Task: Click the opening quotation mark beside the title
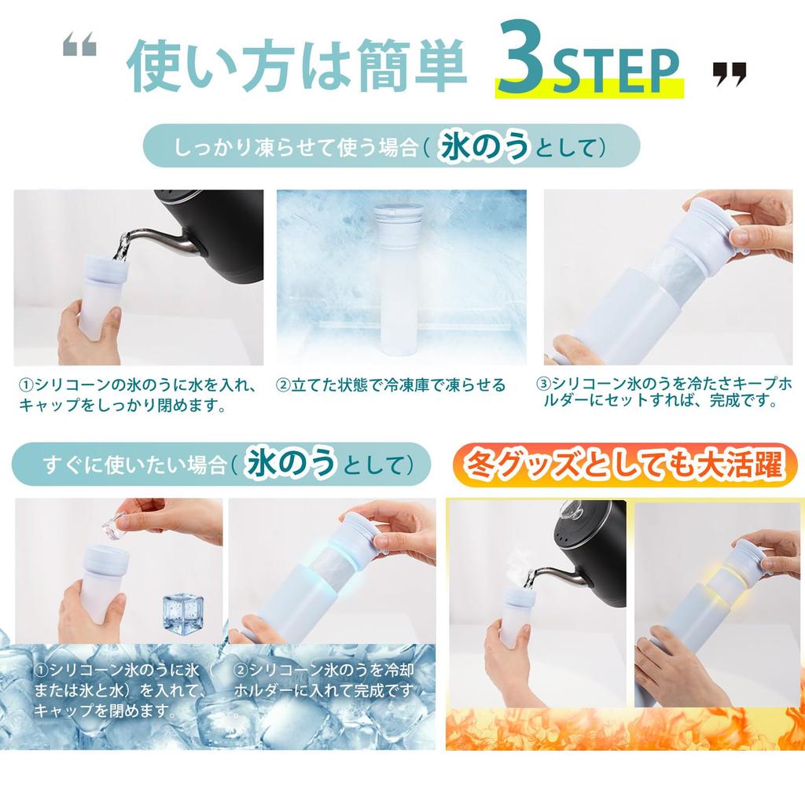(80, 48)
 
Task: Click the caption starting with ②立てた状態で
(390, 386)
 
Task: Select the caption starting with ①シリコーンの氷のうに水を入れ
(138, 395)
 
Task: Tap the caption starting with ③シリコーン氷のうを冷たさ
(664, 392)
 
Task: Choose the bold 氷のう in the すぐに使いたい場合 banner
(289, 465)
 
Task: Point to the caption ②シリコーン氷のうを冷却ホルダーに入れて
(323, 680)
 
